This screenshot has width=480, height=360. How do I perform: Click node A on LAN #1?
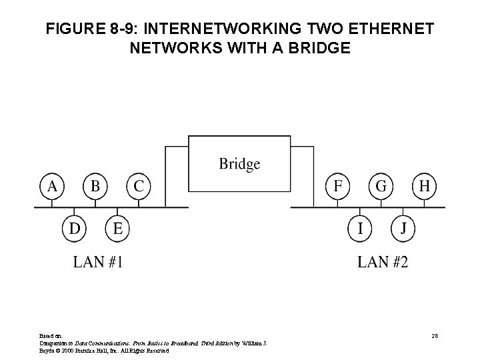pos(52,186)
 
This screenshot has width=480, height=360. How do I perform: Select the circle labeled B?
pos(95,186)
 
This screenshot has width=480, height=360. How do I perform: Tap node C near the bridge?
pos(138,186)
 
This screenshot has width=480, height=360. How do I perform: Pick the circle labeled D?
pos(74,229)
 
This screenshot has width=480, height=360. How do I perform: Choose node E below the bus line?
pos(117,229)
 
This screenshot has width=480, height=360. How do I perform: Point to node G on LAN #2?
pos(381,186)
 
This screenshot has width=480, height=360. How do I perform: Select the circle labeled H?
pos(424,186)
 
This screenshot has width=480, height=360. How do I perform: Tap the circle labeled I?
pos(360,229)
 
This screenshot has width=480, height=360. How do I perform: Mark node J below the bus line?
pos(403,229)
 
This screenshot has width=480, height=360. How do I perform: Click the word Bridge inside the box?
pos(239,163)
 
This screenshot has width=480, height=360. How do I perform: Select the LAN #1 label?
pos(98,262)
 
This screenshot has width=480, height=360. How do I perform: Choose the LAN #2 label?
pos(383,262)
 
